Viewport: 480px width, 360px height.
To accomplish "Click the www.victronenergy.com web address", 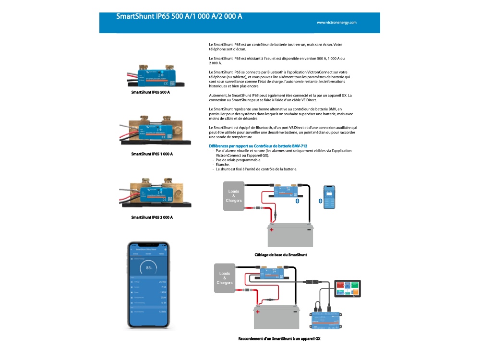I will coord(336,23).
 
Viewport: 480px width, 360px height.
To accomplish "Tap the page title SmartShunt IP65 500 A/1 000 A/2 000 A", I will coord(179,16).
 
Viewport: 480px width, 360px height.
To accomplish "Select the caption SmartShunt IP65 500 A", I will coord(151,92).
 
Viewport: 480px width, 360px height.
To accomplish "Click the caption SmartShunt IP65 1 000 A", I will coord(152,154).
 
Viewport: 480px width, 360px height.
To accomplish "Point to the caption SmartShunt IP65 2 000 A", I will coord(152,217).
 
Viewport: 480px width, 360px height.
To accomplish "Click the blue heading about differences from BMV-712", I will coord(258,145).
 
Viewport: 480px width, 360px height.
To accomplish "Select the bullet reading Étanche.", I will coord(223,164).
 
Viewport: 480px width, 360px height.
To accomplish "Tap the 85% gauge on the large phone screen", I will coord(149,267).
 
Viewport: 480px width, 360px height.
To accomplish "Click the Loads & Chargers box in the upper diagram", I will coord(234,196).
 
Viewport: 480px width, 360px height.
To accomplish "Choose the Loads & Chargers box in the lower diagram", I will coord(225,278).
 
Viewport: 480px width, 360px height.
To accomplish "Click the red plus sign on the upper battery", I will coord(272,230).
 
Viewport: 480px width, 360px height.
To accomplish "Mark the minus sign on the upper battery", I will coord(308,230).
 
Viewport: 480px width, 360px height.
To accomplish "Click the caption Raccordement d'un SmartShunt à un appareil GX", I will coord(279,339).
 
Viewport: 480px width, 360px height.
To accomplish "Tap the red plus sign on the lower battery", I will coord(258,312).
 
